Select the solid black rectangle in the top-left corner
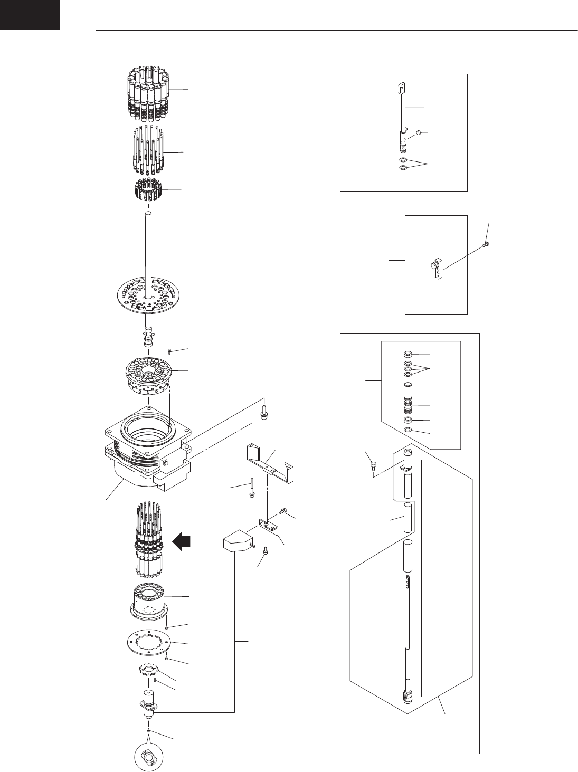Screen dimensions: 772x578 pyautogui.click(x=29, y=14)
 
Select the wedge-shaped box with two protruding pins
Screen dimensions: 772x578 pyautogui.click(x=235, y=543)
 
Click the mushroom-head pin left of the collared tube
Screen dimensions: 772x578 pyautogui.click(x=373, y=465)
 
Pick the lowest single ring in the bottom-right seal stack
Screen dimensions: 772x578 pyautogui.click(x=407, y=431)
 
